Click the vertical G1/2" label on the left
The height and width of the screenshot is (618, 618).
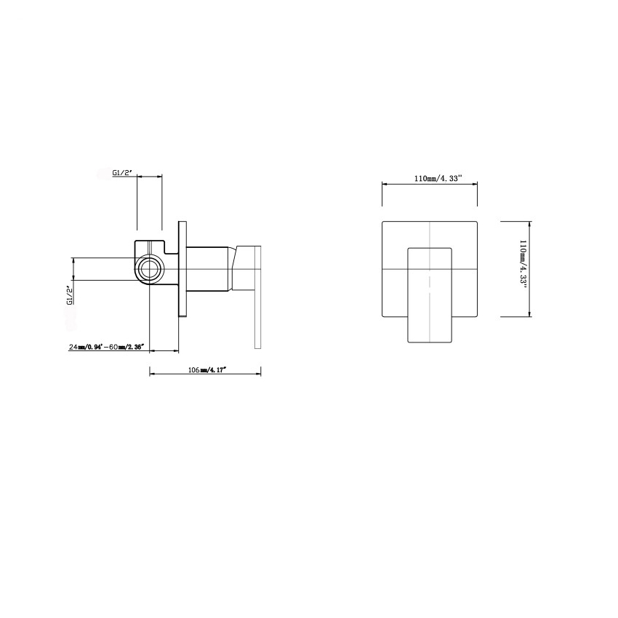tap(70, 297)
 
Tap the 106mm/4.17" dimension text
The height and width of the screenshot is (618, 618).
tap(207, 370)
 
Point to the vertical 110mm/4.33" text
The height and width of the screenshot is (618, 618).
tap(523, 268)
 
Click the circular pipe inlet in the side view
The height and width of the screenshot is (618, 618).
tap(150, 269)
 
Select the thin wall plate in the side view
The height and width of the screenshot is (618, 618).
tap(182, 269)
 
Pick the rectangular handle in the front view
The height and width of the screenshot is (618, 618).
tap(430, 294)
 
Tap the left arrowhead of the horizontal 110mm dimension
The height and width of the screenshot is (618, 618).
tap(385, 185)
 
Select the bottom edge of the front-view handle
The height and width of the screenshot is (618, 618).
tap(430, 341)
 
